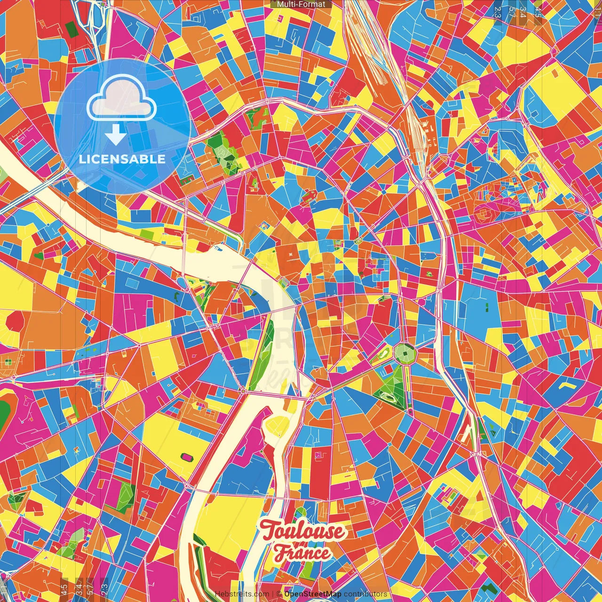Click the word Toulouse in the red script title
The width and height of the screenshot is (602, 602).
303,531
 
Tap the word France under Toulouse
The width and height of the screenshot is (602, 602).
302,553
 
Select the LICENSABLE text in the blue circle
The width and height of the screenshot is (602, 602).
122,159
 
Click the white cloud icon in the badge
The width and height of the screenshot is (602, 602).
122,97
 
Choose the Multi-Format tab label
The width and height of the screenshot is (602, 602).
301,4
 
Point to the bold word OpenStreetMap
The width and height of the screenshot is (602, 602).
313,594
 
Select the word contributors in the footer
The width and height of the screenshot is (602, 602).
365,594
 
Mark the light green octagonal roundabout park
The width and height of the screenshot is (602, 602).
404,353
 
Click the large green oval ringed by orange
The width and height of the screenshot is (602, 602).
4,412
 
